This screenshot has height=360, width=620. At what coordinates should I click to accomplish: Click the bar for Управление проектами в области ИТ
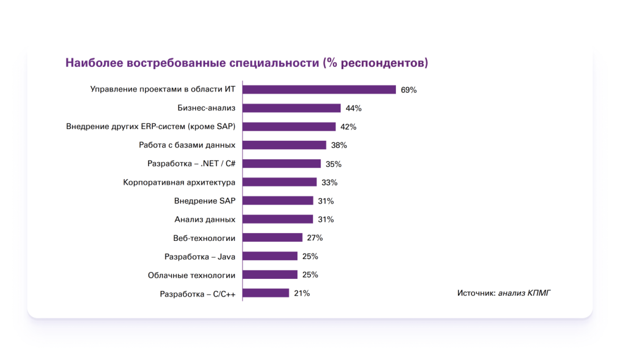pyautogui.click(x=319, y=90)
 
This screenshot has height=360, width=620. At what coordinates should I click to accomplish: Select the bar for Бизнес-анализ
pyautogui.click(x=292, y=108)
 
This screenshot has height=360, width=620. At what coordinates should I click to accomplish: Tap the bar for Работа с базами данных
pyautogui.click(x=284, y=145)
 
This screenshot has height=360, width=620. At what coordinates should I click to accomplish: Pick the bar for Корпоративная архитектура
pyautogui.click(x=279, y=182)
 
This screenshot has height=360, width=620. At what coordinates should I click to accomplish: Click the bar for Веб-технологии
pyautogui.click(x=273, y=238)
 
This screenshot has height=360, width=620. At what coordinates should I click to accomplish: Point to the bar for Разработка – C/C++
pyautogui.click(x=266, y=293)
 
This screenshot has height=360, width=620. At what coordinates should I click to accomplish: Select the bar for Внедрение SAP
pyautogui.click(x=278, y=201)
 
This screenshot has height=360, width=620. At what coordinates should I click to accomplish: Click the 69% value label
pyautogui.click(x=409, y=90)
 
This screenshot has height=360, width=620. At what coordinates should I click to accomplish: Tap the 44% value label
pyautogui.click(x=353, y=109)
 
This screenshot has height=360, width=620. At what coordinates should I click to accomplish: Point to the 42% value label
pyautogui.click(x=348, y=127)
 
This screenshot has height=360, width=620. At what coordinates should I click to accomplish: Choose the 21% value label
pyautogui.click(x=302, y=294)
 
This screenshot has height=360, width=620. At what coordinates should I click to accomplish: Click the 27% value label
pyautogui.click(x=315, y=238)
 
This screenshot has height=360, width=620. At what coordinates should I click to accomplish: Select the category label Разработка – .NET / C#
pyautogui.click(x=191, y=164)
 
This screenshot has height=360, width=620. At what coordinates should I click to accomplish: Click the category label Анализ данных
pyautogui.click(x=205, y=219)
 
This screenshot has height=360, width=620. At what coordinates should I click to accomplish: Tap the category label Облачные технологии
pyautogui.click(x=191, y=275)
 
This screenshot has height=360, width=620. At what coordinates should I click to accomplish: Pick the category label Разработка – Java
pyautogui.click(x=200, y=257)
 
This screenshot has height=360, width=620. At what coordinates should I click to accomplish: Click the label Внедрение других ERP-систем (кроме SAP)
pyautogui.click(x=151, y=127)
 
